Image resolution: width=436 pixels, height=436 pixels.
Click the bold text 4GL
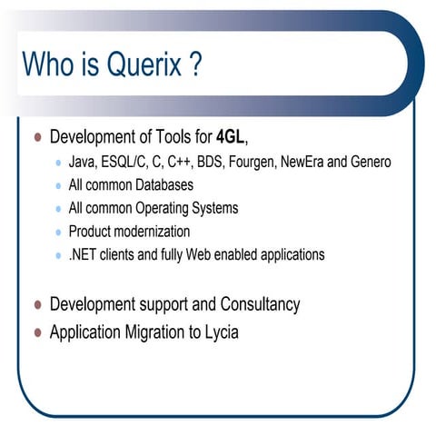[x=230, y=138]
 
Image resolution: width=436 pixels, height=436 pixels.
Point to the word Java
[x=84, y=162]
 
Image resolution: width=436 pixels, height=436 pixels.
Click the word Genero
[x=369, y=162]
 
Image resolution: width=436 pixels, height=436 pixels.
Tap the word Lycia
[x=218, y=332]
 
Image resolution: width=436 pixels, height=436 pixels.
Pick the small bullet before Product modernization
[x=59, y=233]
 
